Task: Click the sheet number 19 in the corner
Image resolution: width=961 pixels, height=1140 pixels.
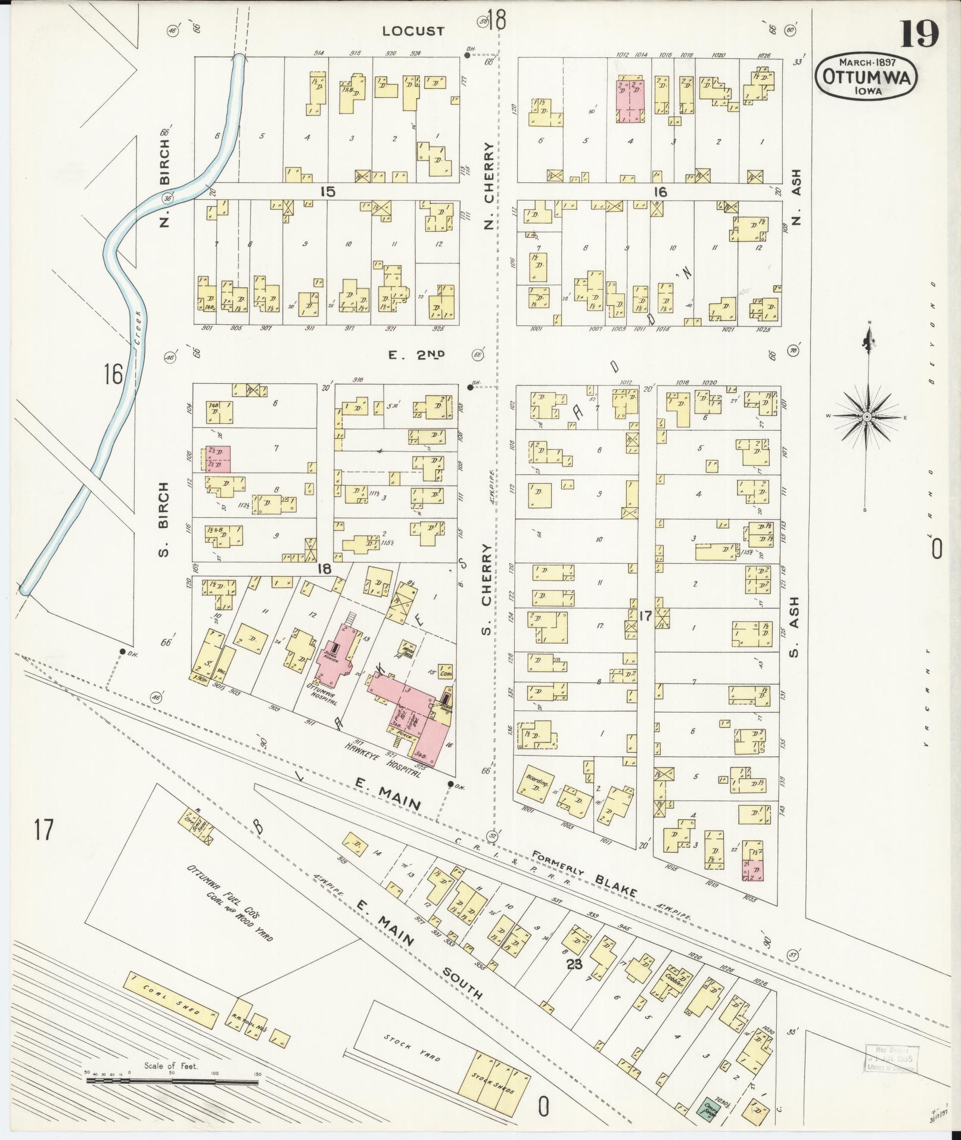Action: tap(919, 33)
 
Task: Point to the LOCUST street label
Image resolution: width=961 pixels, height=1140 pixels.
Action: tap(413, 31)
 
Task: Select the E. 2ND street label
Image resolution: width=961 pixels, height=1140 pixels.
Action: tap(416, 355)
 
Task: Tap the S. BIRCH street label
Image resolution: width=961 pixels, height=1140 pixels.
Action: tap(166, 520)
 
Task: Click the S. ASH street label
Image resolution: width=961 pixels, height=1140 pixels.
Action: tap(794, 628)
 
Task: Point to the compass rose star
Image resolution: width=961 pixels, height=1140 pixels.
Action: tap(867, 417)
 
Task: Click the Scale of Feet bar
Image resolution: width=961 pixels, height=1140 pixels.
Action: tap(173, 1079)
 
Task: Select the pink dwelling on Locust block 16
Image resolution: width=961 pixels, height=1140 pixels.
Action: tap(630, 100)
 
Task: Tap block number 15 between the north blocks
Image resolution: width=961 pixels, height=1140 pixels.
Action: tap(327, 192)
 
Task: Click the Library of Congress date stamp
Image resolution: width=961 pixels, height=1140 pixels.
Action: tap(890, 1059)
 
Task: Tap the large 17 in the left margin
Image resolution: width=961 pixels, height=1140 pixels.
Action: tap(44, 830)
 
